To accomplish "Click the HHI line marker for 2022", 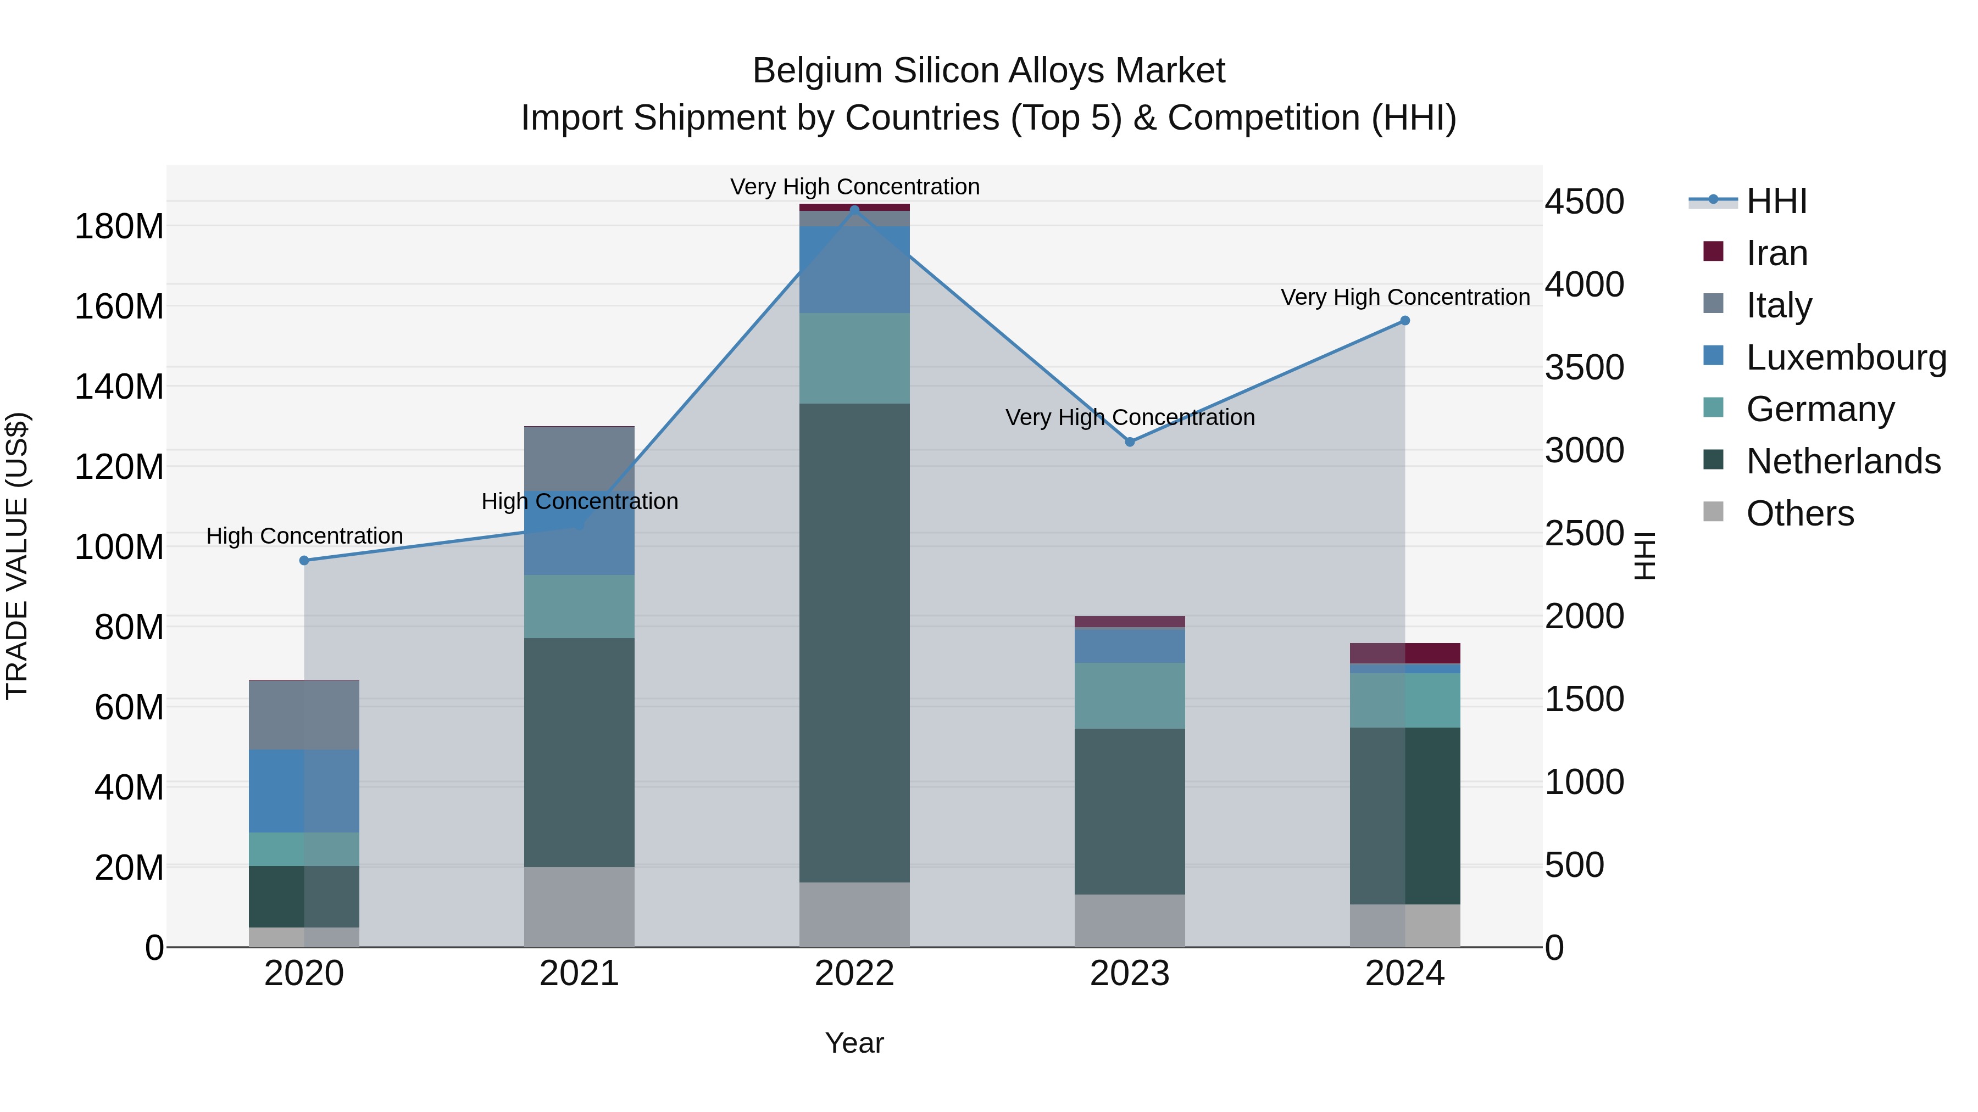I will (854, 210).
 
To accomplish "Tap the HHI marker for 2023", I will (1130, 442).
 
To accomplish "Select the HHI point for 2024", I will (1405, 321).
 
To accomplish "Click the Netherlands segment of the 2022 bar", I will (854, 643).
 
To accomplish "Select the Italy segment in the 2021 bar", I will (579, 458).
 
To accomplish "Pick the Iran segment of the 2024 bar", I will (1405, 653).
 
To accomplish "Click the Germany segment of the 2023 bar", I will (1130, 695).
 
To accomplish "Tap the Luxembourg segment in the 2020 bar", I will (304, 791).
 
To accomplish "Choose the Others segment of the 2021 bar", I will (579, 907).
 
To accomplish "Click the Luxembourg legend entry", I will (1846, 357).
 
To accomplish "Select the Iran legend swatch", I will (1713, 252).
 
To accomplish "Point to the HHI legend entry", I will (1776, 201).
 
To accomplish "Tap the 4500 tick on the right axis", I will (1584, 202).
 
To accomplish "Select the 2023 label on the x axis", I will (1130, 974).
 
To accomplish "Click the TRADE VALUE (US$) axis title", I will (17, 556).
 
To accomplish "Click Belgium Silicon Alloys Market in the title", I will (988, 71).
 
